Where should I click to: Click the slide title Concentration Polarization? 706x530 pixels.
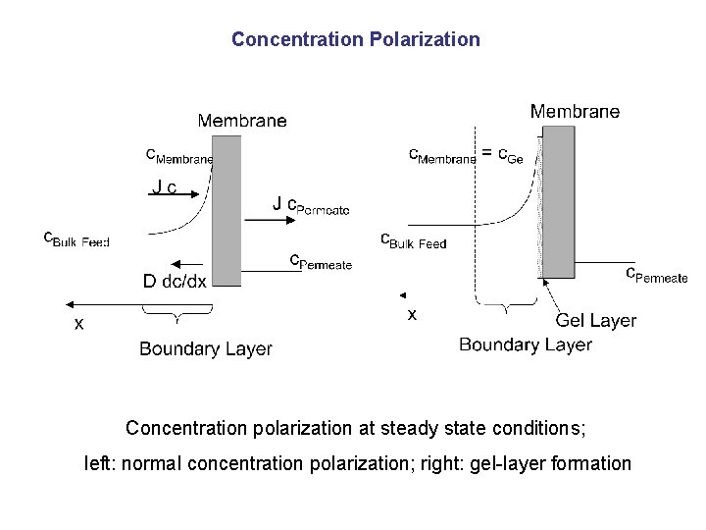point(356,40)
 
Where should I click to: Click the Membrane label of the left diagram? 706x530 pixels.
point(242,121)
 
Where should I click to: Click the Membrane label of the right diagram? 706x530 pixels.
point(575,112)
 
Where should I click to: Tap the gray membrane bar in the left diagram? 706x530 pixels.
point(226,211)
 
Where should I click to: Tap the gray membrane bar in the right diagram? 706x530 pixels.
point(558,201)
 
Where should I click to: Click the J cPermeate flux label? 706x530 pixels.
point(310,205)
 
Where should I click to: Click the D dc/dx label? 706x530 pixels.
point(175,282)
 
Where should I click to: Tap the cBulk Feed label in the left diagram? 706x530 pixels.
point(76,238)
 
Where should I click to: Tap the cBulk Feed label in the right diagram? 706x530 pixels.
point(413,240)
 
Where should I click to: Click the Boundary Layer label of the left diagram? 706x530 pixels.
point(206,348)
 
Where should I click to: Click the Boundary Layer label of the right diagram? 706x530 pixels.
point(526,344)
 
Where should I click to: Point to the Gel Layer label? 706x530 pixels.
point(596,320)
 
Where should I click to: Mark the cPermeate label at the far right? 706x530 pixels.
point(657,275)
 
